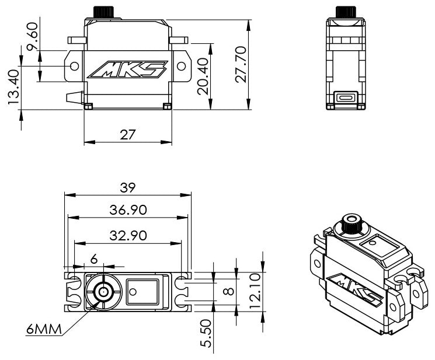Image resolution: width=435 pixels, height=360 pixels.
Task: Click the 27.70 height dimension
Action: coord(241,65)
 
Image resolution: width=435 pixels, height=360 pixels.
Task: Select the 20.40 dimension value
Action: coord(203,76)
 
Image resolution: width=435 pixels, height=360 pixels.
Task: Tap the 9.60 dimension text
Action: coord(32,36)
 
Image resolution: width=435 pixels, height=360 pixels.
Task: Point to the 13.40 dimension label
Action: coord(13,87)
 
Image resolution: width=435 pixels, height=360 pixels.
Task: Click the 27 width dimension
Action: coord(128,135)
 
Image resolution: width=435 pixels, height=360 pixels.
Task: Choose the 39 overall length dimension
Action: coord(128,188)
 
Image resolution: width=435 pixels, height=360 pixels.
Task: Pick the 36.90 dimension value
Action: coord(128,210)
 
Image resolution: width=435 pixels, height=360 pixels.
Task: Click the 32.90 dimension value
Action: coord(128,236)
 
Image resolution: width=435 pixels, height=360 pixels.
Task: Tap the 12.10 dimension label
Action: coord(255,291)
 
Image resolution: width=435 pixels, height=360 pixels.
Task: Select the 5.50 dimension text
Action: coord(206,333)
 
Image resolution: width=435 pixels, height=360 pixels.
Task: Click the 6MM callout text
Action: coord(44,329)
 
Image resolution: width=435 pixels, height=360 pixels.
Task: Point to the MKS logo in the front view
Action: coord(128,69)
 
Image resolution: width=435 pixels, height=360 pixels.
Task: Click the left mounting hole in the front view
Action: coord(74,67)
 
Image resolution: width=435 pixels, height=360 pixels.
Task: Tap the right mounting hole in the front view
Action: coord(181,67)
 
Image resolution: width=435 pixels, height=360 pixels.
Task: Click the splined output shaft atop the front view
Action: coord(103,12)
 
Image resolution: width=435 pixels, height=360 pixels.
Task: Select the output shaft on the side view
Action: coord(346,12)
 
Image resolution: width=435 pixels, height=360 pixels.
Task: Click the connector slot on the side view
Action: coord(346,98)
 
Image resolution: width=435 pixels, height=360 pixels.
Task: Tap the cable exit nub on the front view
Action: coord(75,97)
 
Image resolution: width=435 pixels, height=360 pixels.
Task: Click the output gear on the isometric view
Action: coord(352,223)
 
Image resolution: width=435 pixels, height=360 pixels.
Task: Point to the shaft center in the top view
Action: coord(103,292)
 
